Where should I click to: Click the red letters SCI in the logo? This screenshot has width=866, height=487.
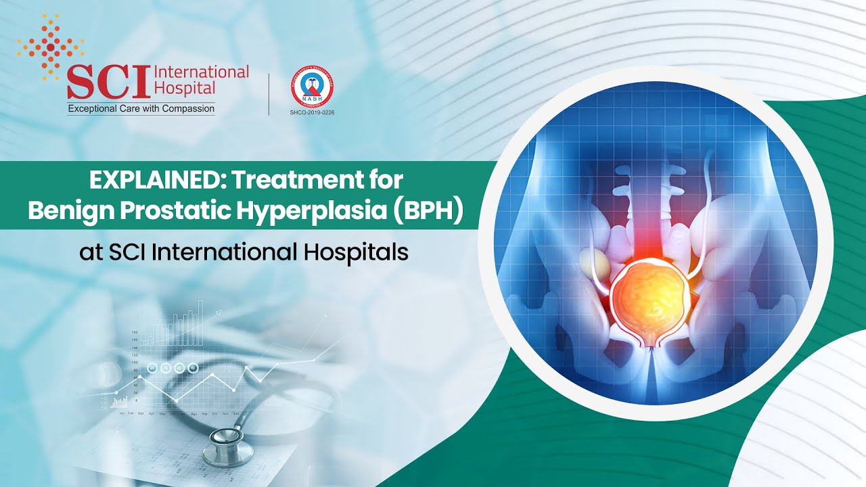click(109, 82)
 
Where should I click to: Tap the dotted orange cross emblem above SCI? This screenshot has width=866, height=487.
click(51, 46)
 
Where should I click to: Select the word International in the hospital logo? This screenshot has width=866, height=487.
click(202, 72)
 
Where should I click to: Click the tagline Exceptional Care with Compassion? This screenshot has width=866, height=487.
click(141, 108)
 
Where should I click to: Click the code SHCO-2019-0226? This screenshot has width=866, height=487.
click(311, 111)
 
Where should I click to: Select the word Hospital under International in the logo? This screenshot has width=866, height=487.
click(185, 88)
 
